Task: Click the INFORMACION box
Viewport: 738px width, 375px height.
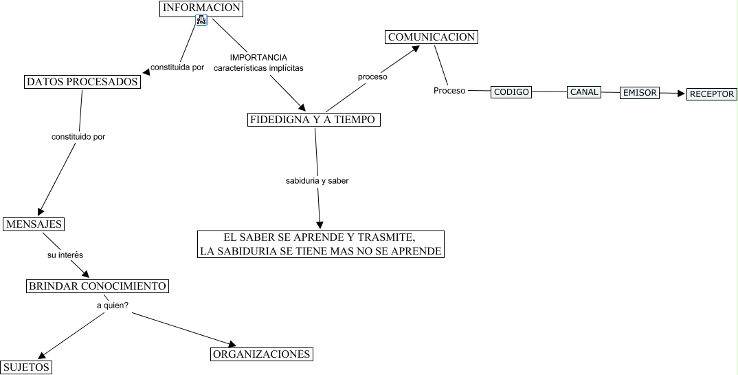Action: point(201,8)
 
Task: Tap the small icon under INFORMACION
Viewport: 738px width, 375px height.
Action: point(201,21)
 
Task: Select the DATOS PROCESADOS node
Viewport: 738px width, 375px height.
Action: point(82,82)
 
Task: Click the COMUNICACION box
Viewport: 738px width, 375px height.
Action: point(431,37)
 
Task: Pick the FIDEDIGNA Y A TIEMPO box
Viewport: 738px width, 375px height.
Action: point(313,120)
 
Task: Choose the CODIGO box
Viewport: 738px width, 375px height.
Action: point(512,92)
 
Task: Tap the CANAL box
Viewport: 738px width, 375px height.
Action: point(584,92)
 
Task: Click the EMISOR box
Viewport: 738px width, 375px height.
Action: point(640,92)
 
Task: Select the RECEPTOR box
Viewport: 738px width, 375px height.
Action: point(712,94)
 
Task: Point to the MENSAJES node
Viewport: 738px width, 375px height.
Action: point(34,224)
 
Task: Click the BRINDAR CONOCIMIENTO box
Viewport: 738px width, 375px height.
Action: point(97,286)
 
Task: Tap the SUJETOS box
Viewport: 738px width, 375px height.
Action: point(26,367)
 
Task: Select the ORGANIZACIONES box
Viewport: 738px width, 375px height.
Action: point(262,354)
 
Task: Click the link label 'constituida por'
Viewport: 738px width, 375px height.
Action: point(177,67)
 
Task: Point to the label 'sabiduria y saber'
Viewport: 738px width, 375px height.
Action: point(317,181)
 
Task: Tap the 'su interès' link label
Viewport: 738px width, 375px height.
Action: point(65,255)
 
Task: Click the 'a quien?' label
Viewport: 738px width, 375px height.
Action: point(112,306)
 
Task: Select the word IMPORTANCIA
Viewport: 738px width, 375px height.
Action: point(258,57)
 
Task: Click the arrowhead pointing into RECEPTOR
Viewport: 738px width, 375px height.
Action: point(681,94)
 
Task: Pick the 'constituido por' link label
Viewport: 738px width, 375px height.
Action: point(78,137)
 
